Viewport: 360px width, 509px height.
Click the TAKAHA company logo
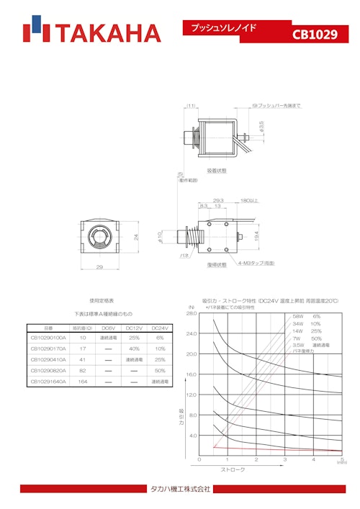pyautogui.click(x=91, y=32)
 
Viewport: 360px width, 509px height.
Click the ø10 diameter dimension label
pyautogui.click(x=161, y=237)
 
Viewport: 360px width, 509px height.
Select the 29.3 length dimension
pyautogui.click(x=217, y=201)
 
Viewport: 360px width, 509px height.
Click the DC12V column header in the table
pyautogui.click(x=134, y=327)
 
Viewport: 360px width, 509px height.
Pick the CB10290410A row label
pyautogui.click(x=48, y=359)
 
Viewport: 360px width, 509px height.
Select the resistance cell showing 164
pyautogui.click(x=83, y=382)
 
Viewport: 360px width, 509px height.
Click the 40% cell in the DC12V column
pyautogui.click(x=134, y=348)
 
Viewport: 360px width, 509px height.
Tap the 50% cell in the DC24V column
pyautogui.click(x=160, y=370)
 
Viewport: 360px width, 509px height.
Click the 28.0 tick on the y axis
pyautogui.click(x=191, y=314)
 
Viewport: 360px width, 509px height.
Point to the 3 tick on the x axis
pyautogui.click(x=284, y=459)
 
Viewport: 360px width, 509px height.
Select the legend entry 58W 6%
pyautogui.click(x=305, y=317)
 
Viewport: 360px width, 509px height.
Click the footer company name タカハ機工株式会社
pyautogui.click(x=179, y=489)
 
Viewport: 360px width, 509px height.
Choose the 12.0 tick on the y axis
pyautogui.click(x=191, y=395)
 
